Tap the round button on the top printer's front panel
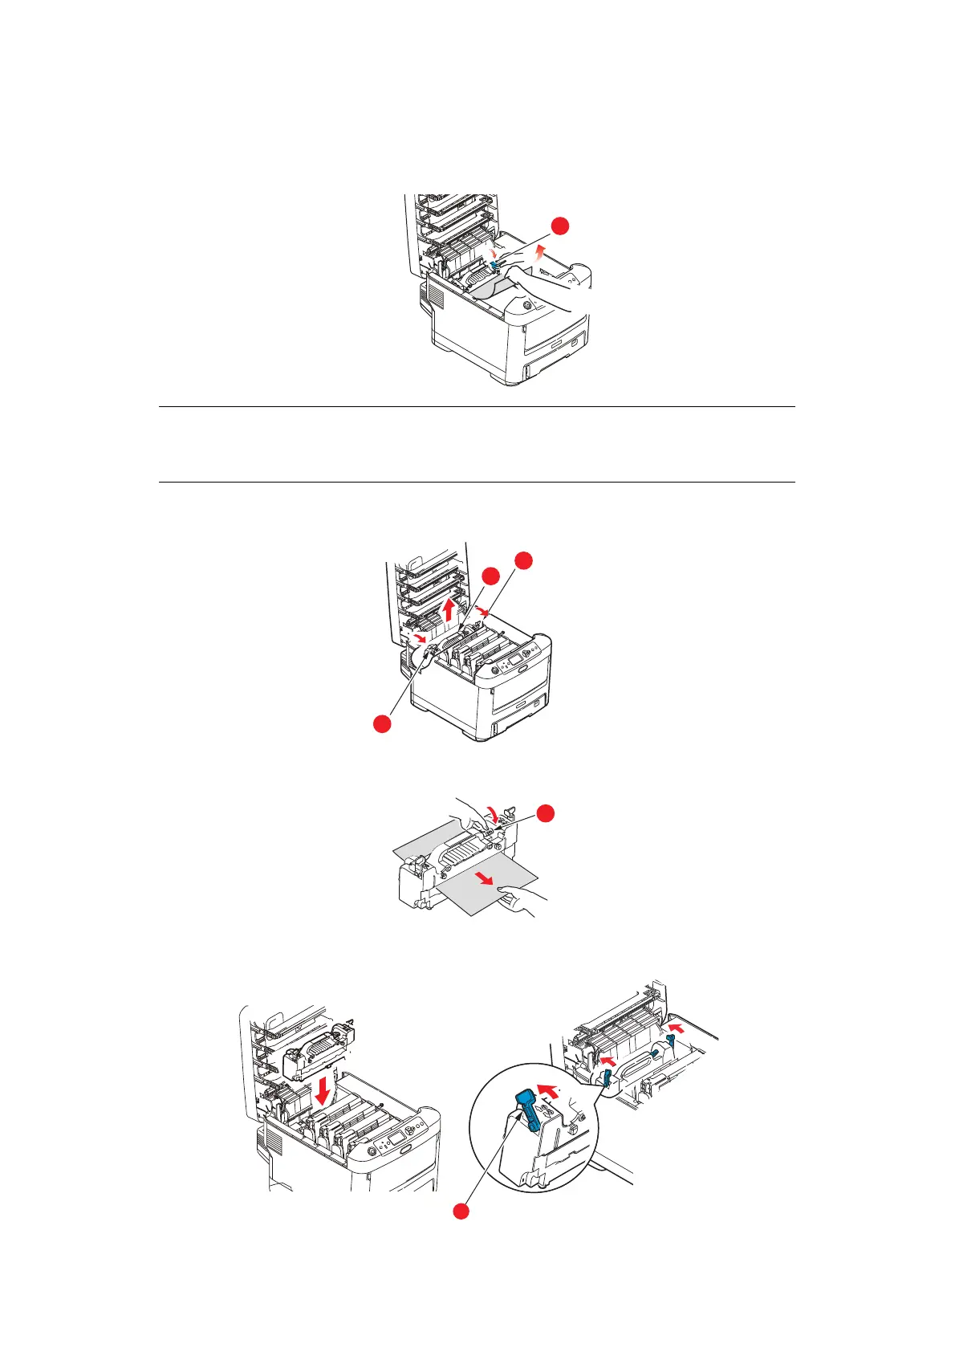[526, 306]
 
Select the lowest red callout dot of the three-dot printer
[382, 724]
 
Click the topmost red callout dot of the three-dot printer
[523, 560]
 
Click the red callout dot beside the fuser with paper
[545, 812]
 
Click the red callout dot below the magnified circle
[460, 1232]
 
